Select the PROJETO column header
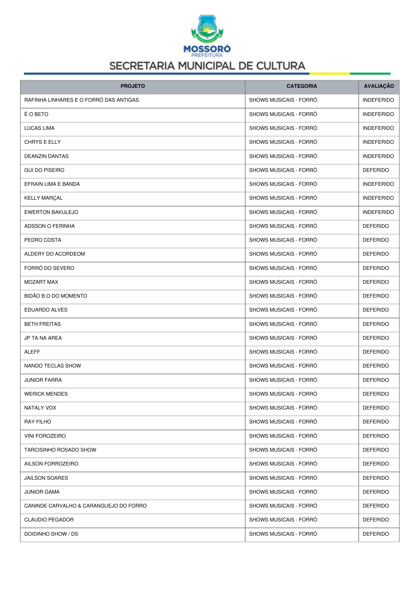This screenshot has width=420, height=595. (133, 86)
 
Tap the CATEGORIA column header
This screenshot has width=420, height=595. (302, 86)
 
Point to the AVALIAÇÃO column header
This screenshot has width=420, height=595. (379, 86)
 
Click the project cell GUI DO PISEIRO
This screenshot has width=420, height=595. (44, 170)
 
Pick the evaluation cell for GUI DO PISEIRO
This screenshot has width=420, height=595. (376, 170)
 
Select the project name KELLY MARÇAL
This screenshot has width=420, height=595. (43, 198)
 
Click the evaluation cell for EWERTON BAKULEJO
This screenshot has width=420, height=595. (378, 212)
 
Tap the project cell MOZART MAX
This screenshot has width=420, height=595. (41, 282)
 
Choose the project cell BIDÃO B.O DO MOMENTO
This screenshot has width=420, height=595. (56, 296)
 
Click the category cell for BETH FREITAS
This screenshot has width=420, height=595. (283, 324)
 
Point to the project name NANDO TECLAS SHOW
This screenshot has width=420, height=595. (52, 366)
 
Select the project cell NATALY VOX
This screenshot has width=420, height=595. (40, 408)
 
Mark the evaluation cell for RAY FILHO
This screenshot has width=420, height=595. (376, 422)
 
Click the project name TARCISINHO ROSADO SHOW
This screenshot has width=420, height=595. (60, 450)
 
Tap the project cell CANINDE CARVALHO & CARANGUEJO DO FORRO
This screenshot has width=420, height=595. (85, 506)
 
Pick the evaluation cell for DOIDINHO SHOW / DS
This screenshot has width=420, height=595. (376, 534)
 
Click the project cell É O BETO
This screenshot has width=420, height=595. (36, 114)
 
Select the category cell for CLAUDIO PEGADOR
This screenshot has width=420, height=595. (283, 520)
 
